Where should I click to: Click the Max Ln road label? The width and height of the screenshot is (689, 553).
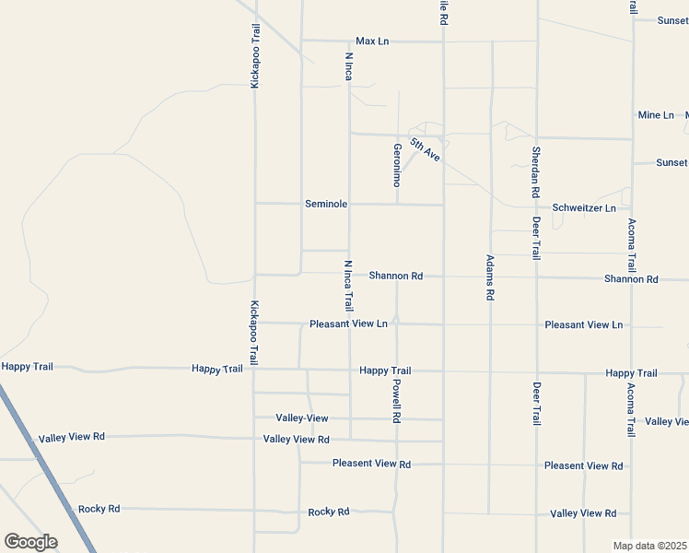[x=373, y=41]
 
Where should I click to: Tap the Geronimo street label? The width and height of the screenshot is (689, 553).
[x=398, y=165]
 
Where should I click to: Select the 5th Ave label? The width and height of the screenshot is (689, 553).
[x=426, y=149]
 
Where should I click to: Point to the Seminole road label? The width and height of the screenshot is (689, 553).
[x=326, y=204]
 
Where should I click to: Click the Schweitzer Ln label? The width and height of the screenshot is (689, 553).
[x=584, y=208]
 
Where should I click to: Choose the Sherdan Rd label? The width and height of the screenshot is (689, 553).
[x=535, y=172]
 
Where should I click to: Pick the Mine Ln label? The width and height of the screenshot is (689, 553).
[x=656, y=115]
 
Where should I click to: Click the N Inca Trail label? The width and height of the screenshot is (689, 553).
[x=349, y=285]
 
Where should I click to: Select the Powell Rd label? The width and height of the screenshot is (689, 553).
[x=397, y=401]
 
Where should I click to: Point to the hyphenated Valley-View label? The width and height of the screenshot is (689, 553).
[x=302, y=418]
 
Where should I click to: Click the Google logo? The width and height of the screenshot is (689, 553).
[x=30, y=542]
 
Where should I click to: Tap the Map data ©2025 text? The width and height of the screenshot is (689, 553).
[x=650, y=546]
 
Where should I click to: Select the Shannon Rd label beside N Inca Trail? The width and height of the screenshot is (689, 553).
[x=396, y=276]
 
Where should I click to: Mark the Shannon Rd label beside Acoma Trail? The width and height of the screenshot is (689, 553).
[x=631, y=278]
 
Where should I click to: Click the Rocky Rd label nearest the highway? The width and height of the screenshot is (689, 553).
[x=99, y=509]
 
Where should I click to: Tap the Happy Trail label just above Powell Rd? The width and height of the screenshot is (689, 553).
[x=385, y=371]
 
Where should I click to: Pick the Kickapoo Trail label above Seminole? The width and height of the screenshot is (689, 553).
[x=255, y=56]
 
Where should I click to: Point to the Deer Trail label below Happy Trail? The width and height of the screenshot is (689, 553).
[x=536, y=403]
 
